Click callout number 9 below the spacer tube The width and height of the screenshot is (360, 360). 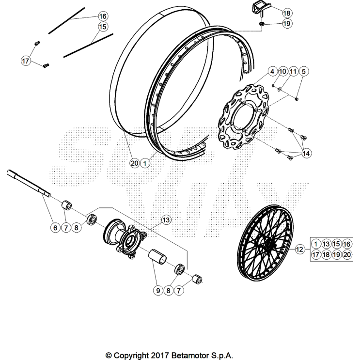click(x=157, y=291)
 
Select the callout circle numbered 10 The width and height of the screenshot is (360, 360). click(x=282, y=72)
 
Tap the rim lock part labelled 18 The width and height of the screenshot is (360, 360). click(x=257, y=8)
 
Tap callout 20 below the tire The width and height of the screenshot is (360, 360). click(x=134, y=163)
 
